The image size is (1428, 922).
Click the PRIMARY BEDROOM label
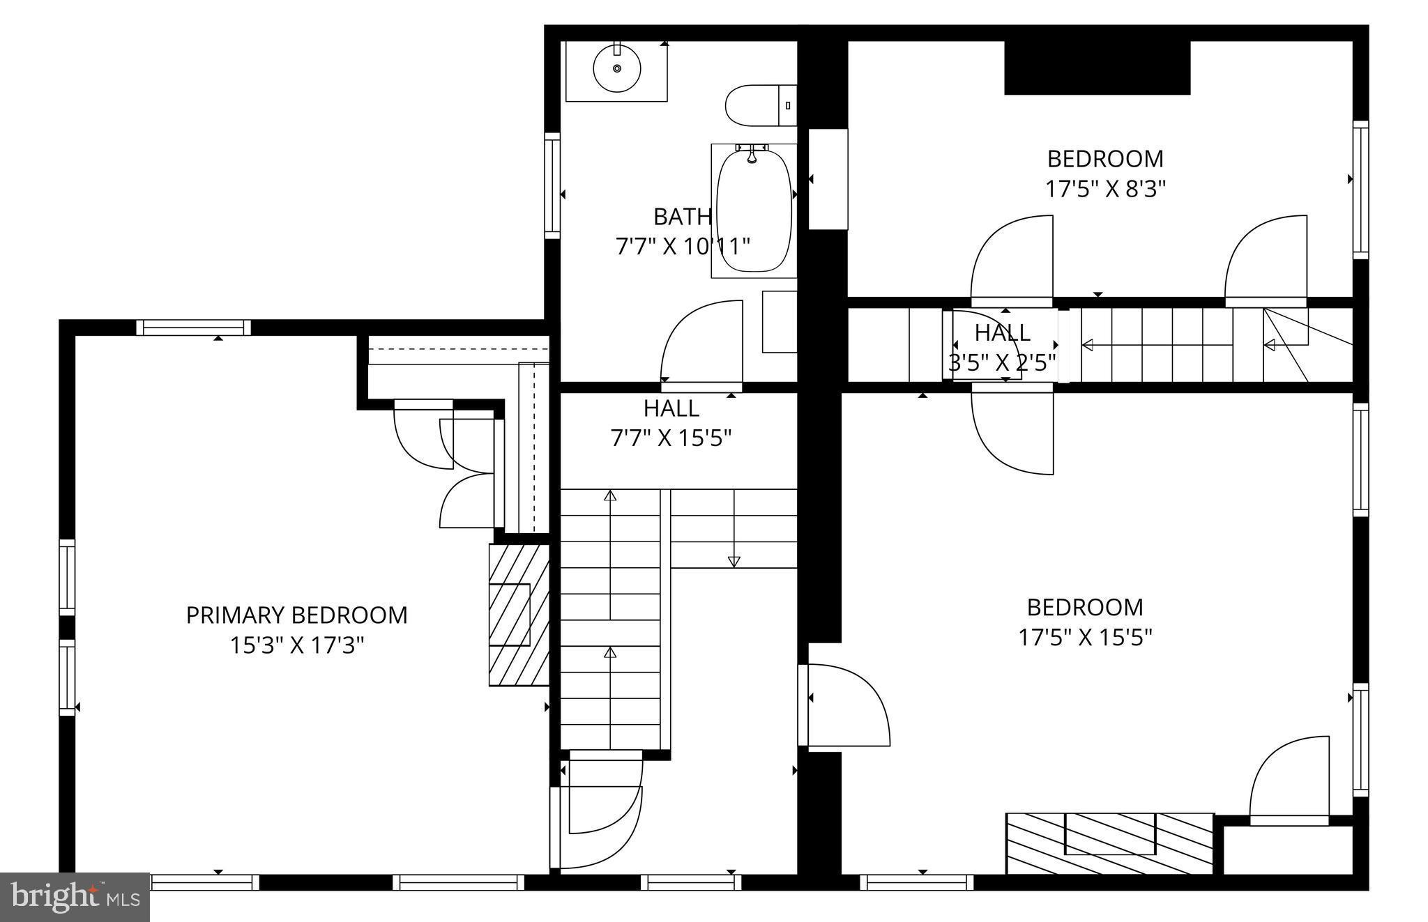[x=296, y=615]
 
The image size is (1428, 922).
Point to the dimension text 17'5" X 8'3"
[x=1105, y=189]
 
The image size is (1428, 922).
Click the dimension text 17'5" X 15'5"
[x=1085, y=637]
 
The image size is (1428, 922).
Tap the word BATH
[x=682, y=217]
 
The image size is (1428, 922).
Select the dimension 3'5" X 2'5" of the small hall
[x=1002, y=362]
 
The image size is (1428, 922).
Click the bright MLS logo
[x=75, y=896]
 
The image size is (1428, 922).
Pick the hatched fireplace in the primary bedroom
[x=518, y=615]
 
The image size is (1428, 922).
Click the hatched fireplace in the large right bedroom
[x=1109, y=843]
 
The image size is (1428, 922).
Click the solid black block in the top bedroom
[x=1096, y=68]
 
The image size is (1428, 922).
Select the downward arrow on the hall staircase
[x=734, y=560]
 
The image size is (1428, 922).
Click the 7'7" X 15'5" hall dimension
[x=671, y=438]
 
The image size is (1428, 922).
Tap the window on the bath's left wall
[x=552, y=185]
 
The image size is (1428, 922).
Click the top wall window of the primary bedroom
[x=193, y=327]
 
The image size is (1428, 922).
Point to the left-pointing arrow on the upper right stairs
[x=1088, y=345]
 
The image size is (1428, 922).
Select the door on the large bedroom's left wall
[x=844, y=705]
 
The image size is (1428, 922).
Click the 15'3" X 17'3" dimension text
[x=296, y=645]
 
